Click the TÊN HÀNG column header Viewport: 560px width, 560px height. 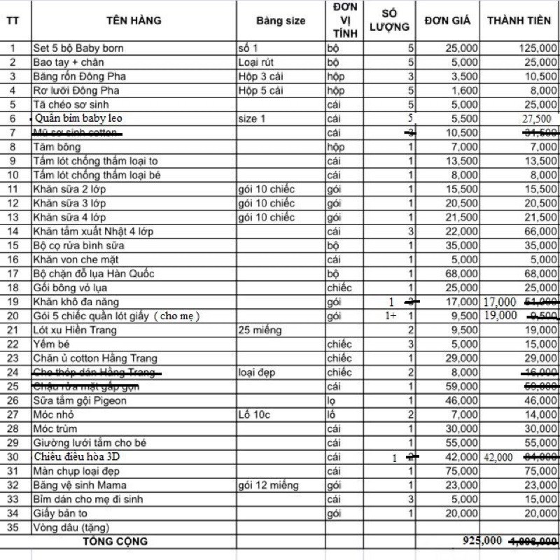point(134,20)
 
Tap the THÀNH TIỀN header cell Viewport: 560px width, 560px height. point(519,20)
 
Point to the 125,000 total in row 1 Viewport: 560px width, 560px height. point(537,48)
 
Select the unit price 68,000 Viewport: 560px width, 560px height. point(462,274)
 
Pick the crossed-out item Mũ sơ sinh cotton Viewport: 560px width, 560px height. point(76,133)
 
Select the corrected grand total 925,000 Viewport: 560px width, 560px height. point(482,541)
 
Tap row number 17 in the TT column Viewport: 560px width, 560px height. point(13,274)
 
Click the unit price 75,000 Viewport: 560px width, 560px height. point(462,470)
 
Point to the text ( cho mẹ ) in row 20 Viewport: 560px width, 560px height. point(177,316)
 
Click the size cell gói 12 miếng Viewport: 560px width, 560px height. point(268,485)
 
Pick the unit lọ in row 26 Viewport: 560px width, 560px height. point(332,400)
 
